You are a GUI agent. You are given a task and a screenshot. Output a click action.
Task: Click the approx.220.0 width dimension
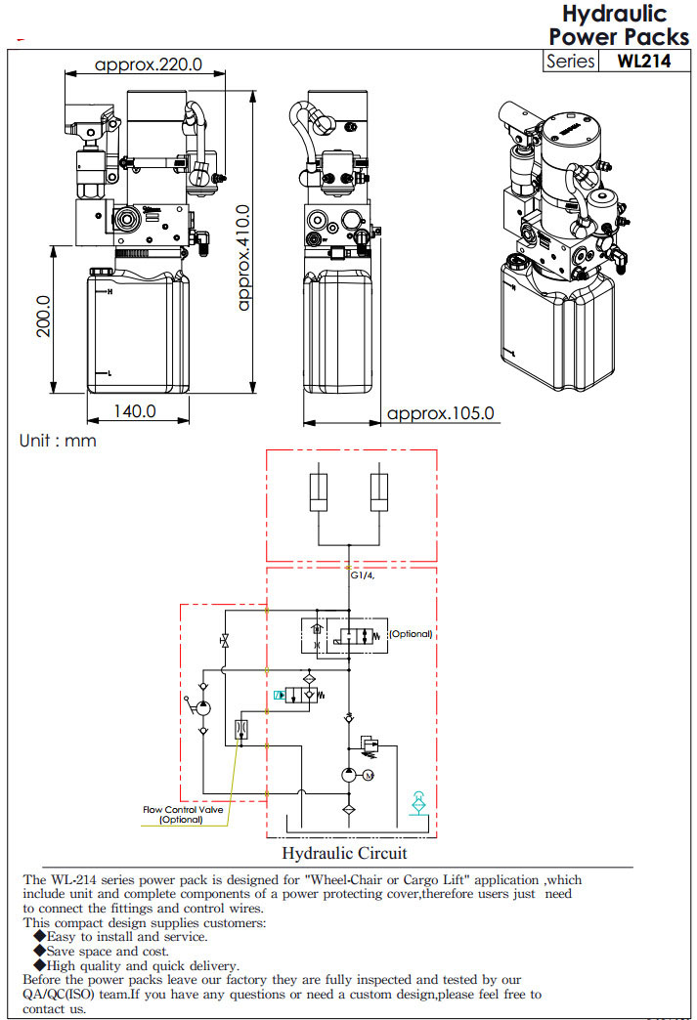click(x=148, y=65)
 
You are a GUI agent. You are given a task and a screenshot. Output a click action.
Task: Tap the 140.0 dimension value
click(x=135, y=411)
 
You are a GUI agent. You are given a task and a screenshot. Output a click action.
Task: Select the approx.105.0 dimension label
click(x=441, y=413)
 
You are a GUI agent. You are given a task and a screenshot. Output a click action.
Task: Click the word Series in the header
click(x=571, y=61)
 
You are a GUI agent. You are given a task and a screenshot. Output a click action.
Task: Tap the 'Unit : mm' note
click(x=58, y=441)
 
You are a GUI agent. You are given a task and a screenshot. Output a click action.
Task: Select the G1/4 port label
click(x=363, y=575)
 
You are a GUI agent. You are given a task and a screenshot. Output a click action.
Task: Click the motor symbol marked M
click(x=368, y=776)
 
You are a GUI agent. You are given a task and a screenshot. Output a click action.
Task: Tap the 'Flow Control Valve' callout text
click(x=182, y=809)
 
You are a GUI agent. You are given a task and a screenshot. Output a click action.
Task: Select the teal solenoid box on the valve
click(x=280, y=695)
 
